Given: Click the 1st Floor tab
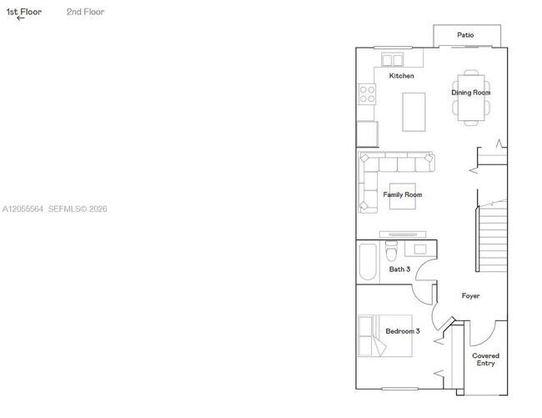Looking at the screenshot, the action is (x=24, y=12).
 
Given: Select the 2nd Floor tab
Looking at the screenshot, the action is (x=85, y=12).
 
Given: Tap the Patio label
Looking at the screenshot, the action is (x=465, y=35).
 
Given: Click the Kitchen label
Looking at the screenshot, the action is (x=401, y=76).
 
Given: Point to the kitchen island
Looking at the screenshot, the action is (x=414, y=112).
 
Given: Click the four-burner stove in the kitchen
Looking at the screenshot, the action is (x=367, y=94).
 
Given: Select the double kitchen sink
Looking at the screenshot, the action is (x=393, y=60).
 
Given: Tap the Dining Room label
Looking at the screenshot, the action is (x=471, y=93).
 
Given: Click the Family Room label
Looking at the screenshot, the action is (x=403, y=194).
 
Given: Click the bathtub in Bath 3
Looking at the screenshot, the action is (x=368, y=262).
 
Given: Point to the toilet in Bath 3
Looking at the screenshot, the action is (x=391, y=250).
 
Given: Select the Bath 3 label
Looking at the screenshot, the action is (x=399, y=269).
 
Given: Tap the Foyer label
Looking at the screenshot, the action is (x=470, y=295).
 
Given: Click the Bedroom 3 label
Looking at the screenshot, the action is (x=403, y=331).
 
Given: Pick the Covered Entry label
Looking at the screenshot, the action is (x=485, y=360).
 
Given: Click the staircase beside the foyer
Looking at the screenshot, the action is (x=492, y=239).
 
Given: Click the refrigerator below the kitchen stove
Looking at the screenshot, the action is (x=368, y=134).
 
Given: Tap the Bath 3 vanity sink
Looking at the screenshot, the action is (x=420, y=249).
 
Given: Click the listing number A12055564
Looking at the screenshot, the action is (x=23, y=209).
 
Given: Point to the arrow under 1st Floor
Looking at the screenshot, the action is (x=20, y=18).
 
